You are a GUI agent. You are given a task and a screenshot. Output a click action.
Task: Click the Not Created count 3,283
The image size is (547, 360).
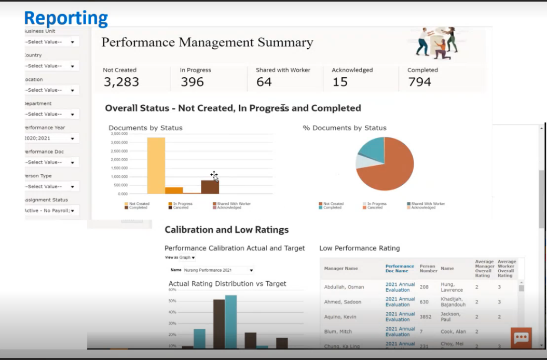click(121, 82)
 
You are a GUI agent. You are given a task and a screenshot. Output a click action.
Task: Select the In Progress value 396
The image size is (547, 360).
click(192, 82)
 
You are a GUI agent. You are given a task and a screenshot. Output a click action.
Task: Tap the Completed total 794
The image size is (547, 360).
click(419, 82)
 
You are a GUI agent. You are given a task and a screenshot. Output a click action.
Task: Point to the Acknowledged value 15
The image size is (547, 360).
click(340, 82)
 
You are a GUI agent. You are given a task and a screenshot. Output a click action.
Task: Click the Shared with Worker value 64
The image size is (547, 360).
click(264, 82)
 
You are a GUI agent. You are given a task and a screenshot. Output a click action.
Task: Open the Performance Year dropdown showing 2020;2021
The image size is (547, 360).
click(51, 139)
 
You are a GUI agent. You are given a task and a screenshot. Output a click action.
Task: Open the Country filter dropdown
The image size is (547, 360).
click(51, 66)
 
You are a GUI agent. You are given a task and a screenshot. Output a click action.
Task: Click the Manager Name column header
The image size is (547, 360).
click(341, 269)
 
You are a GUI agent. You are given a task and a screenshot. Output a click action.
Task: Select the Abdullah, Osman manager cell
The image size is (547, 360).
click(344, 287)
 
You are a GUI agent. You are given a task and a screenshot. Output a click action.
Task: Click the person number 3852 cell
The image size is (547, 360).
click(425, 316)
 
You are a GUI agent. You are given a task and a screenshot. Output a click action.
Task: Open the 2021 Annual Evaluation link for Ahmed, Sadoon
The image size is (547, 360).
click(400, 302)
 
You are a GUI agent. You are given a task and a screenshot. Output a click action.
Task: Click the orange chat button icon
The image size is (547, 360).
click(521, 338)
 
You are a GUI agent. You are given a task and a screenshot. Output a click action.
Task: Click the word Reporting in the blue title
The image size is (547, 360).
click(66, 18)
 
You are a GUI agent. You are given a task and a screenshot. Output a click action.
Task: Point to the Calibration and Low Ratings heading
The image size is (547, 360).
click(226, 230)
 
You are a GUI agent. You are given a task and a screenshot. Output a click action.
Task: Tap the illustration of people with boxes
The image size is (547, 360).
click(436, 41)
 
